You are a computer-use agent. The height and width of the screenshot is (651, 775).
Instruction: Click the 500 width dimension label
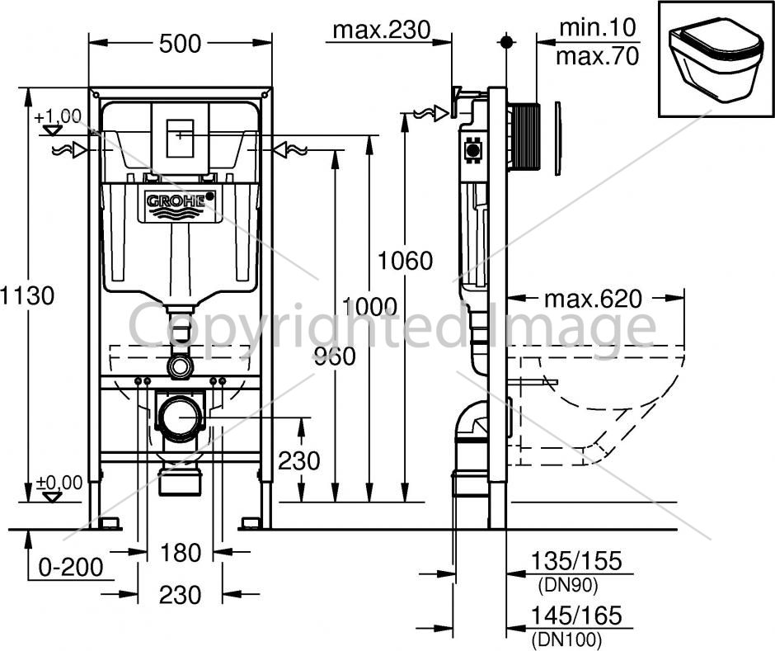pos(180,44)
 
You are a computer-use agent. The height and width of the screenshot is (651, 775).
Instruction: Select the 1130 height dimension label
pos(27,296)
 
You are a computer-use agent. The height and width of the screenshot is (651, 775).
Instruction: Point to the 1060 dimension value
pos(406,260)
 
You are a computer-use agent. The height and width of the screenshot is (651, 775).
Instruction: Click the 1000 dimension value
pos(369,307)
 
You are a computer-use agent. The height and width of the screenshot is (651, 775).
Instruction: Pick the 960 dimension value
pos(335,356)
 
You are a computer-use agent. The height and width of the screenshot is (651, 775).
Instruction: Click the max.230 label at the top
pos(382,30)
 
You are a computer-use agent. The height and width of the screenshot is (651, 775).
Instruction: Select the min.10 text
pos(597,27)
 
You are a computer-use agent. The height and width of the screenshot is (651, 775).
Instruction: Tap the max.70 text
pos(598,56)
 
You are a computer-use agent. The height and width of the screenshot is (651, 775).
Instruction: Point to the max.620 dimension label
pos(593,299)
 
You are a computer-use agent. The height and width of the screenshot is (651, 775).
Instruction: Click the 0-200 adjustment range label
pos(71,567)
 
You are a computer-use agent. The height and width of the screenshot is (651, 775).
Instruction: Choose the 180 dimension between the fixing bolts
pos(180,553)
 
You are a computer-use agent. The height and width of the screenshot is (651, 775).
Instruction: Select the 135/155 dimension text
pos(575,561)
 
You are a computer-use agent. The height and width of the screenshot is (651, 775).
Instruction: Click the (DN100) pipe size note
pos(567,639)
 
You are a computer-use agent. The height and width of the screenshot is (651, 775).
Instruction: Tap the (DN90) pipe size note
pos(567,586)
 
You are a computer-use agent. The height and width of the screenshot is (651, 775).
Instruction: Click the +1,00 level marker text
pos(58,116)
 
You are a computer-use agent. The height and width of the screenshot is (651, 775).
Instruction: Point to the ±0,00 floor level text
pos(59,483)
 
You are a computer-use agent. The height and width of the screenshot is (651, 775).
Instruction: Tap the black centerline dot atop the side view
pos(505,42)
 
